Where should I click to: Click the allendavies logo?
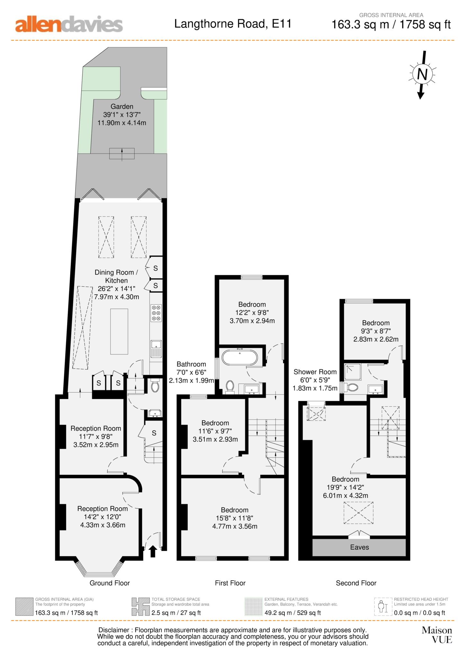point(69,24)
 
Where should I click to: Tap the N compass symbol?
point(422,75)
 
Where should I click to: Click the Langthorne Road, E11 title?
point(233,24)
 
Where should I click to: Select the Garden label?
point(122,106)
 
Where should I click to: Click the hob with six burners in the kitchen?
point(156,313)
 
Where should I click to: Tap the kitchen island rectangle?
point(119,331)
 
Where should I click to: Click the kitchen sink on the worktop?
point(156,349)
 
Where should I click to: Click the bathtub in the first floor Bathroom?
point(239,357)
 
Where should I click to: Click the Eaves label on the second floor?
point(359,547)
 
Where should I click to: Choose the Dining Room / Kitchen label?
point(116,276)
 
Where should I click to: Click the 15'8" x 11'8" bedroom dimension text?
point(235,518)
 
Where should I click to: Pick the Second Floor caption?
point(356,583)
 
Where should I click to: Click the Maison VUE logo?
point(437,635)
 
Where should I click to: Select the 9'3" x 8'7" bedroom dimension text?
point(376,331)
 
